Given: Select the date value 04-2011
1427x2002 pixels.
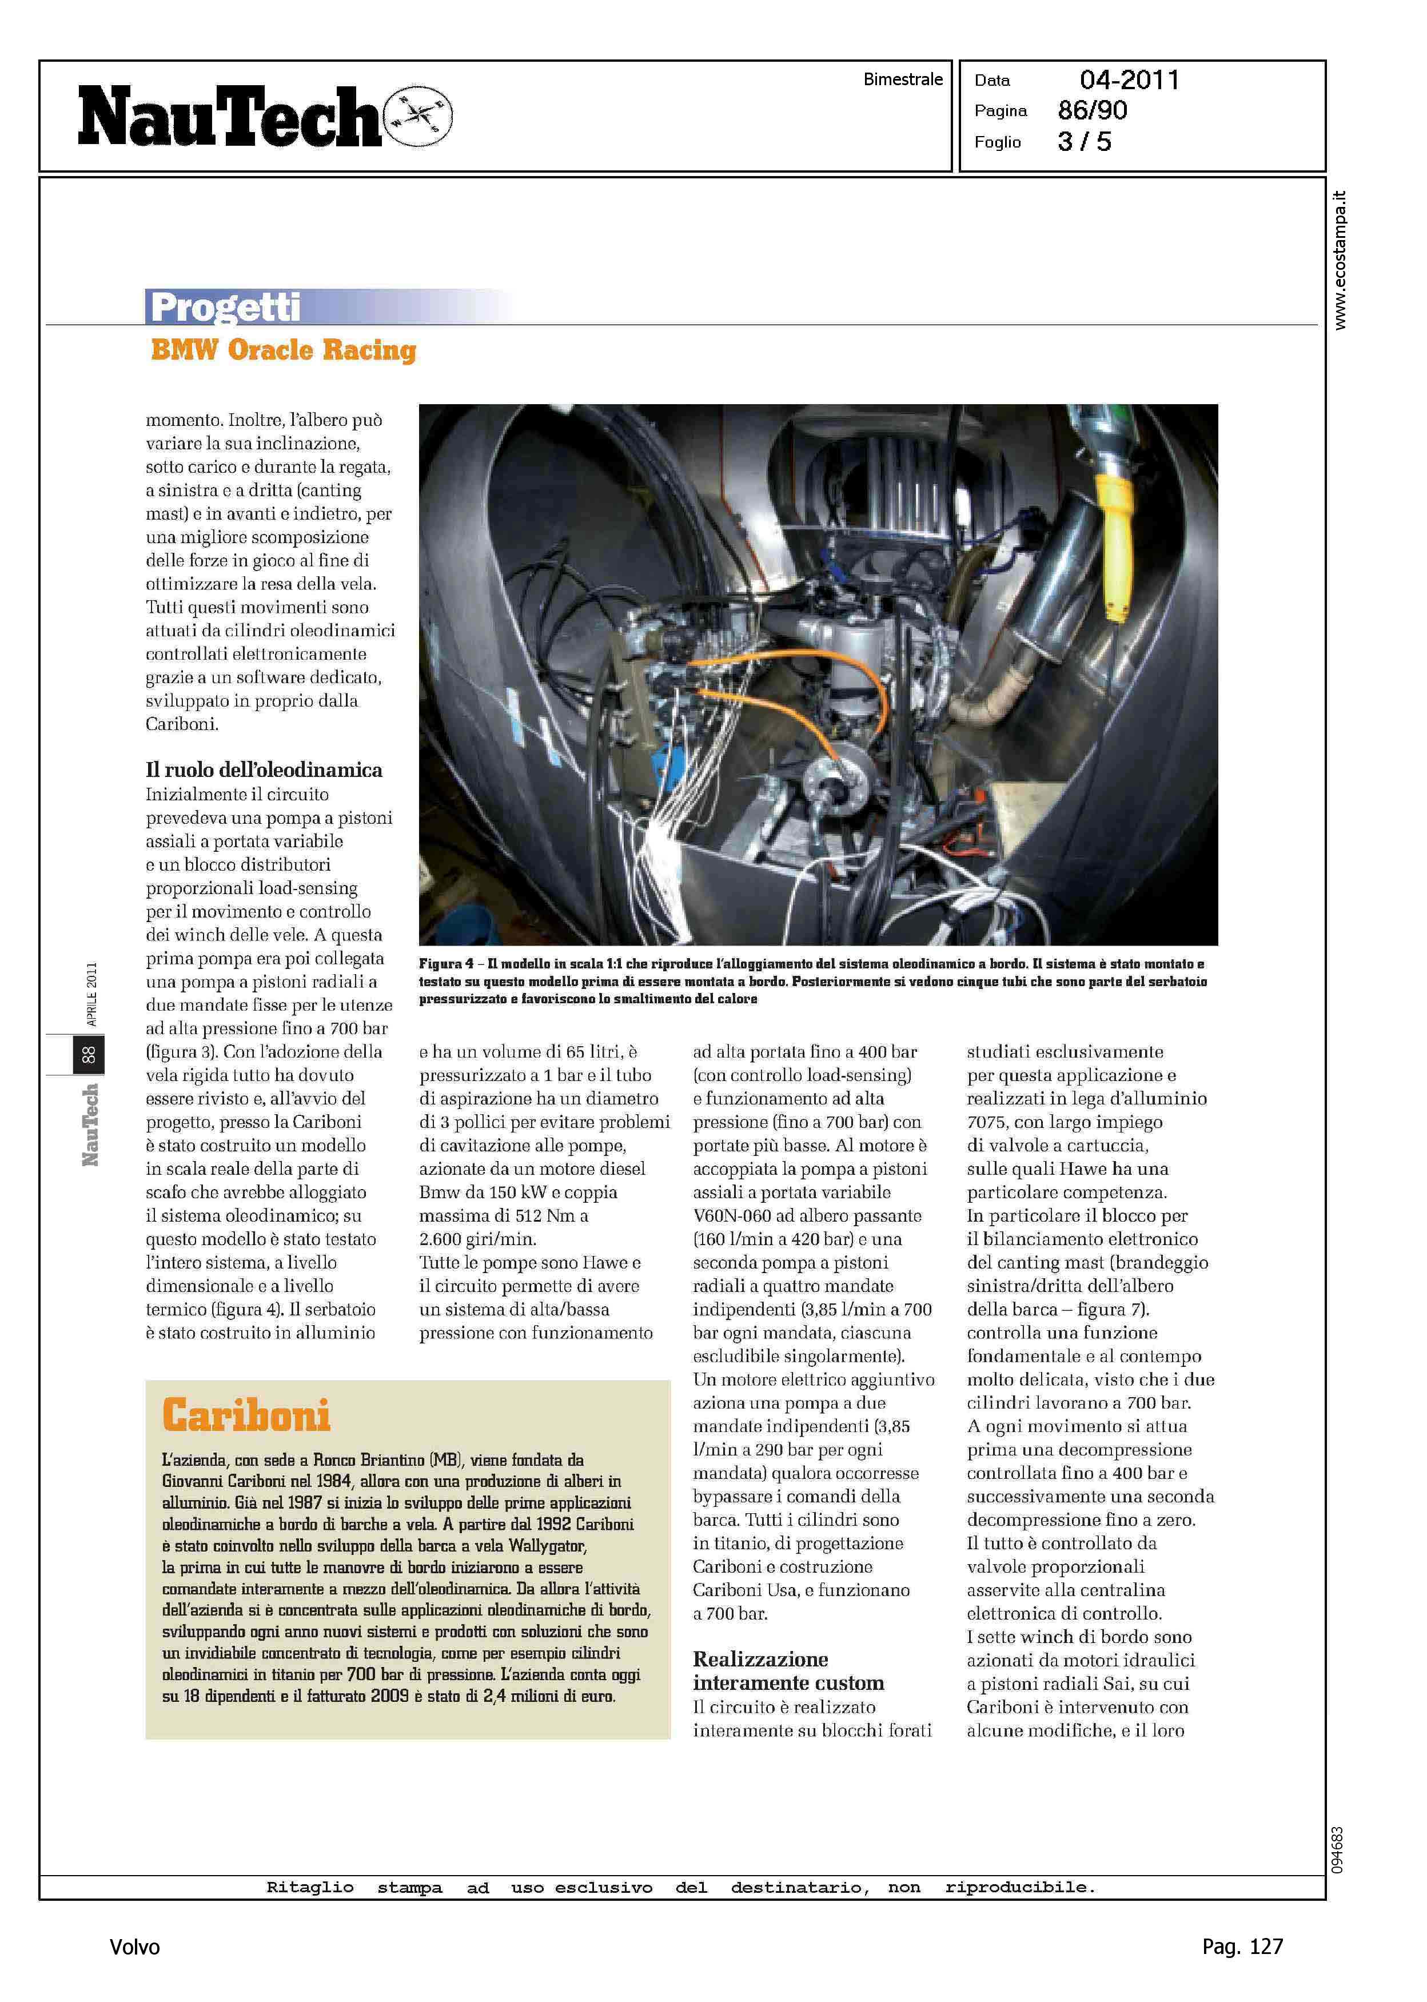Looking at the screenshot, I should tap(1129, 80).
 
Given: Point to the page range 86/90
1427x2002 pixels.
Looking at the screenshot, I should tap(1092, 111).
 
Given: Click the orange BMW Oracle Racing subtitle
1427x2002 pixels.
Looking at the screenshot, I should tap(283, 350).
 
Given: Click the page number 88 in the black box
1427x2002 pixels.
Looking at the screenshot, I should tap(88, 1055).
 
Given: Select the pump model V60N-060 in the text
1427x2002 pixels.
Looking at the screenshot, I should tap(745, 1216).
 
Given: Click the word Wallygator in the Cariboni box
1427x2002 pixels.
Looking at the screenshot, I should tap(548, 1545).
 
